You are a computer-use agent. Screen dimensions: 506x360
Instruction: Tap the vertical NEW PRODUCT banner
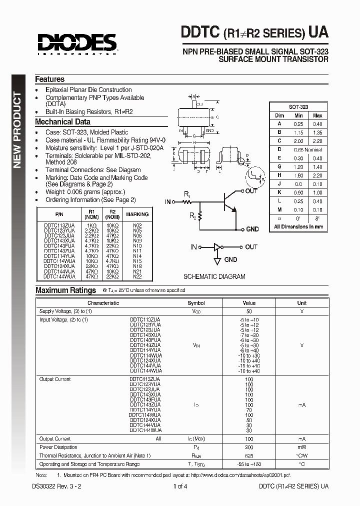17,129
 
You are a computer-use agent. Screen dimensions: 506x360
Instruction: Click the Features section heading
49,79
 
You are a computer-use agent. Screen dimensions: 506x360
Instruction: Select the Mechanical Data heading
62,121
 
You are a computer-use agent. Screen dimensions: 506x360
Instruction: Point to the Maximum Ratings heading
65,290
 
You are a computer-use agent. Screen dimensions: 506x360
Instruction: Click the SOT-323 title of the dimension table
298,107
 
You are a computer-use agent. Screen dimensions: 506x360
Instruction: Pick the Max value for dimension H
317,176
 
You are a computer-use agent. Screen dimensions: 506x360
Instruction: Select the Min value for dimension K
299,192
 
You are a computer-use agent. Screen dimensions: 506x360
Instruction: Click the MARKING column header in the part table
137,214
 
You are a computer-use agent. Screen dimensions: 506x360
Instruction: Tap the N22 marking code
137,276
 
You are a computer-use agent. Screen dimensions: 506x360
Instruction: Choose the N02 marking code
137,226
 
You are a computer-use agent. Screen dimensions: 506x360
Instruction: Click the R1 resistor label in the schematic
186,193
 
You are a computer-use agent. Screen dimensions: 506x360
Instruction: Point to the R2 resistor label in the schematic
192,215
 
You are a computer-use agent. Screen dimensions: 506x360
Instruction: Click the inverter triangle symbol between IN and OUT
216,247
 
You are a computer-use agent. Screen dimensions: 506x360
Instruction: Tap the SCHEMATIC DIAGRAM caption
214,276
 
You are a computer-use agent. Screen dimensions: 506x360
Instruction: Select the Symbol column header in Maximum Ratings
196,303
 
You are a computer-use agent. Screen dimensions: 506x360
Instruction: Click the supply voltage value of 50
249,310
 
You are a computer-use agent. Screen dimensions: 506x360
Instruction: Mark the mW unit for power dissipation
302,447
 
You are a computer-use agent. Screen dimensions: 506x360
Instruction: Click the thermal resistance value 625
249,455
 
